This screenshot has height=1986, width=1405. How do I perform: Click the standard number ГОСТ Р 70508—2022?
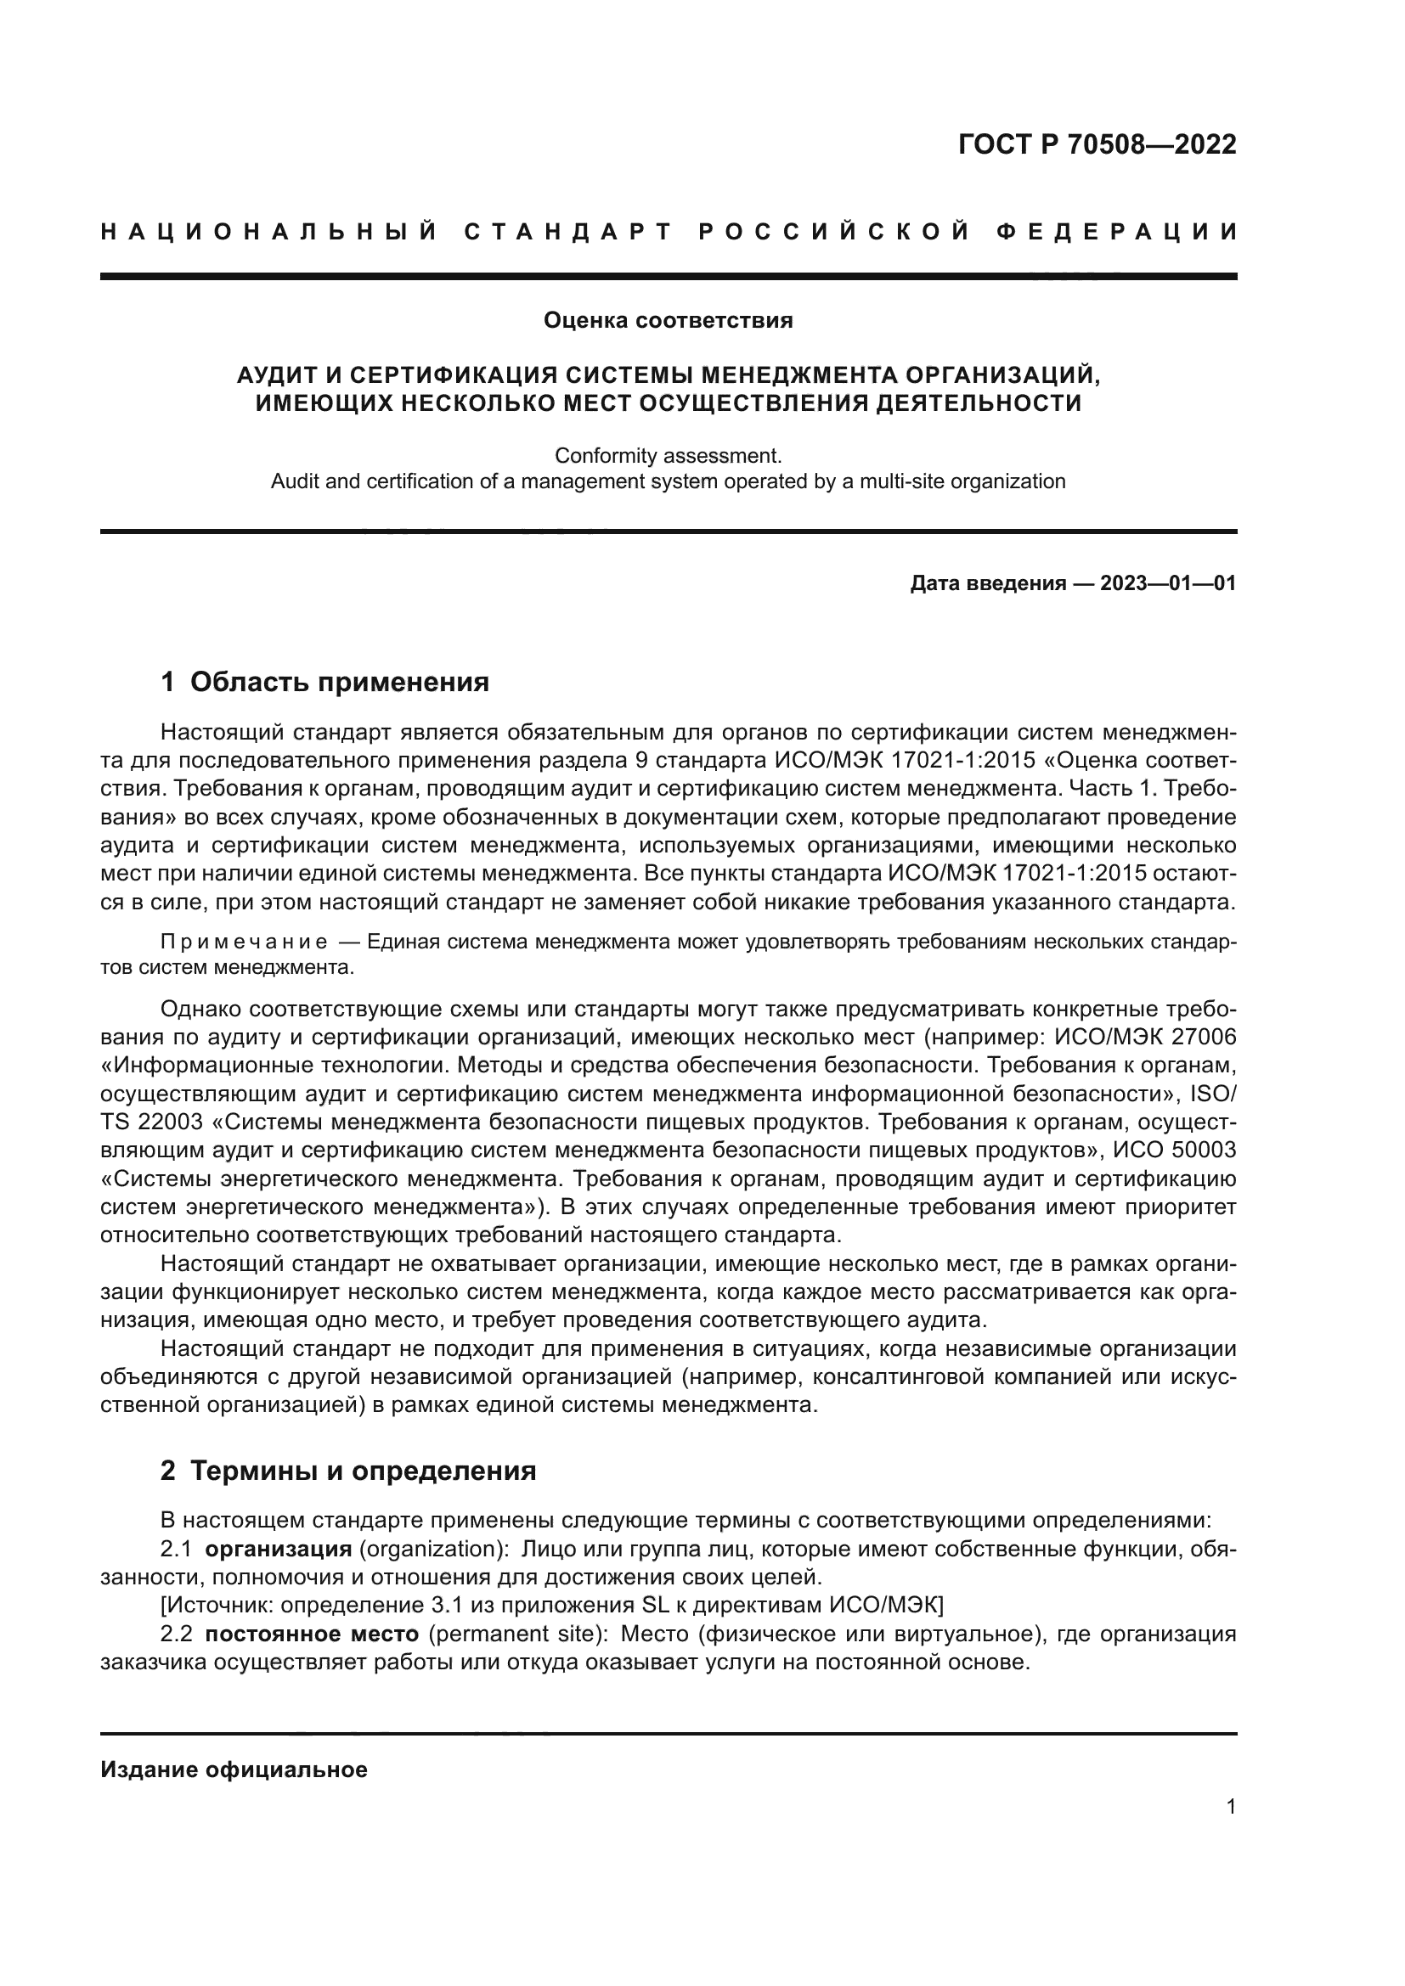click(x=1097, y=144)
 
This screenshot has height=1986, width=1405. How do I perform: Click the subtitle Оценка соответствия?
click(x=668, y=321)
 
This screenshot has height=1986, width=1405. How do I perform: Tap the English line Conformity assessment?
click(x=668, y=455)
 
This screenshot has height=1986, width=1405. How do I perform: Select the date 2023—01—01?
click(x=1168, y=584)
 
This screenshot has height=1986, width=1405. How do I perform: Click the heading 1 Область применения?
click(x=324, y=683)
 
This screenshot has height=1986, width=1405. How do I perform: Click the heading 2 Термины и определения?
click(x=347, y=1471)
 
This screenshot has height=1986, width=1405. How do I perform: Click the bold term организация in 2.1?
click(x=279, y=1550)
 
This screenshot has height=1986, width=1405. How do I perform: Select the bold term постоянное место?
click(x=313, y=1634)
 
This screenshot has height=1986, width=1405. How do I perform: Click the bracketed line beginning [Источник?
click(x=552, y=1606)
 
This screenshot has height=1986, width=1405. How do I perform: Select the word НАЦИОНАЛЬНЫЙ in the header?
click(x=269, y=232)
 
